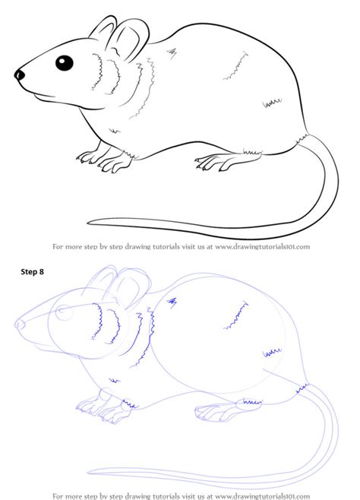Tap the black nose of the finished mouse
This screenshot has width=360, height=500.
tap(20, 74)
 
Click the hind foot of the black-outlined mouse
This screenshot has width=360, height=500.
tap(216, 161)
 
